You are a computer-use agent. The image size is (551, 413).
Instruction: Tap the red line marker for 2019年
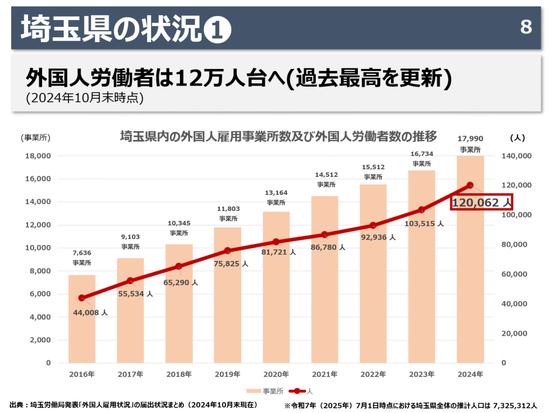(227, 251)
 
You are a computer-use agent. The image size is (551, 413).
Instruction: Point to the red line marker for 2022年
(373, 225)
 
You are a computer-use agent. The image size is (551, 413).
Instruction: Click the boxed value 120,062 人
(481, 202)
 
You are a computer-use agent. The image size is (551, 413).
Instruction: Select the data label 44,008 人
(90, 312)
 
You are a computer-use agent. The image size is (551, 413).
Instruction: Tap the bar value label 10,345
(179, 223)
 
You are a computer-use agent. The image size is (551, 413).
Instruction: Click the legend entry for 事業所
(260, 391)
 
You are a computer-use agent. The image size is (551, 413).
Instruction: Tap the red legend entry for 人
(301, 391)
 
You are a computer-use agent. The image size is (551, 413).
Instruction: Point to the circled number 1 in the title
(218, 30)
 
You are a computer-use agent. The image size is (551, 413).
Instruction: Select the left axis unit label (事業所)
(36, 138)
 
